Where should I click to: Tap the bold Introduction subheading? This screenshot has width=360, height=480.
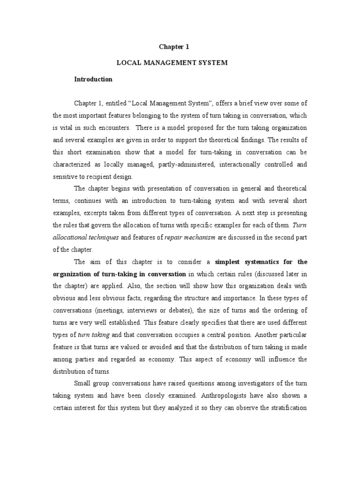click(93, 79)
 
